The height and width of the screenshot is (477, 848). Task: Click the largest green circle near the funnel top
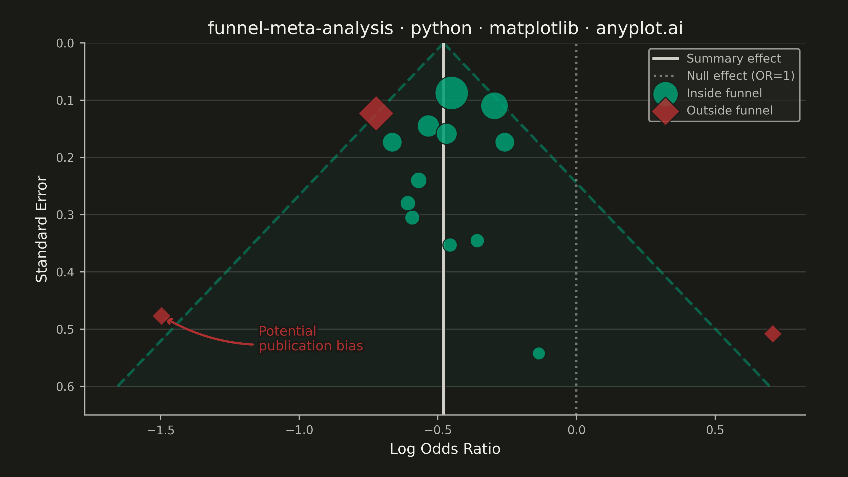pos(451,93)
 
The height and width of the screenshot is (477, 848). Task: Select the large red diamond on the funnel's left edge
pos(376,113)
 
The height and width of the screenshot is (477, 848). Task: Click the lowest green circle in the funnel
pos(538,353)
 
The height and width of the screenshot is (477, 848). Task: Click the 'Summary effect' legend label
pos(734,59)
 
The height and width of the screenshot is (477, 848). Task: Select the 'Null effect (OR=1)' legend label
pos(740,76)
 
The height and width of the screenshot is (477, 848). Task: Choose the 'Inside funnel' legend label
pos(724,93)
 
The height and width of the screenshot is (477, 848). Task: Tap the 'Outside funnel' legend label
pos(729,110)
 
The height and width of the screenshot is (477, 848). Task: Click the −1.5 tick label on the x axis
pos(161,430)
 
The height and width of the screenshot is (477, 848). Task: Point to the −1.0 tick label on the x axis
pos(299,430)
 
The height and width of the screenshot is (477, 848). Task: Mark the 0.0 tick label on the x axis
pos(576,430)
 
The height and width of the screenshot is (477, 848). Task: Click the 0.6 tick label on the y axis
pos(65,386)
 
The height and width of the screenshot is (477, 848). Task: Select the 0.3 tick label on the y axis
pos(65,215)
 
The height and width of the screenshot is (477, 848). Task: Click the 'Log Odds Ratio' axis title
pos(445,449)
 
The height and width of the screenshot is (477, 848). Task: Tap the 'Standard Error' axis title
pos(42,229)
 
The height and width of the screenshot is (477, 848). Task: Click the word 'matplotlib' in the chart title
pos(534,28)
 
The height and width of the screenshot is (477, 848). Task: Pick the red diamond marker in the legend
pos(665,111)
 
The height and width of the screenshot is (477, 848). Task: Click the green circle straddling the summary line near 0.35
pos(450,245)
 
